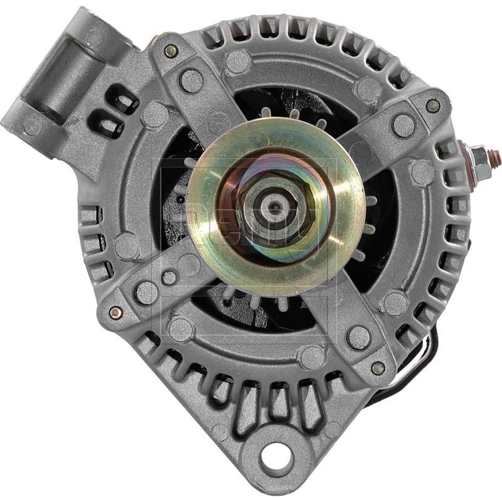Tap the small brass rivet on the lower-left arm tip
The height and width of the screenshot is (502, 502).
click(115, 312)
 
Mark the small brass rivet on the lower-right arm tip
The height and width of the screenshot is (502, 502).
click(378, 368)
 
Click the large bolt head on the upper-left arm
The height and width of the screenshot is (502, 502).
click(191, 80)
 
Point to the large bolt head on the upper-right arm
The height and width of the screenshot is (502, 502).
click(403, 125)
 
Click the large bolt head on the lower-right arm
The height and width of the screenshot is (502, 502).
click(358, 337)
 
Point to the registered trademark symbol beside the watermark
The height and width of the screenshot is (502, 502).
click(342, 162)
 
